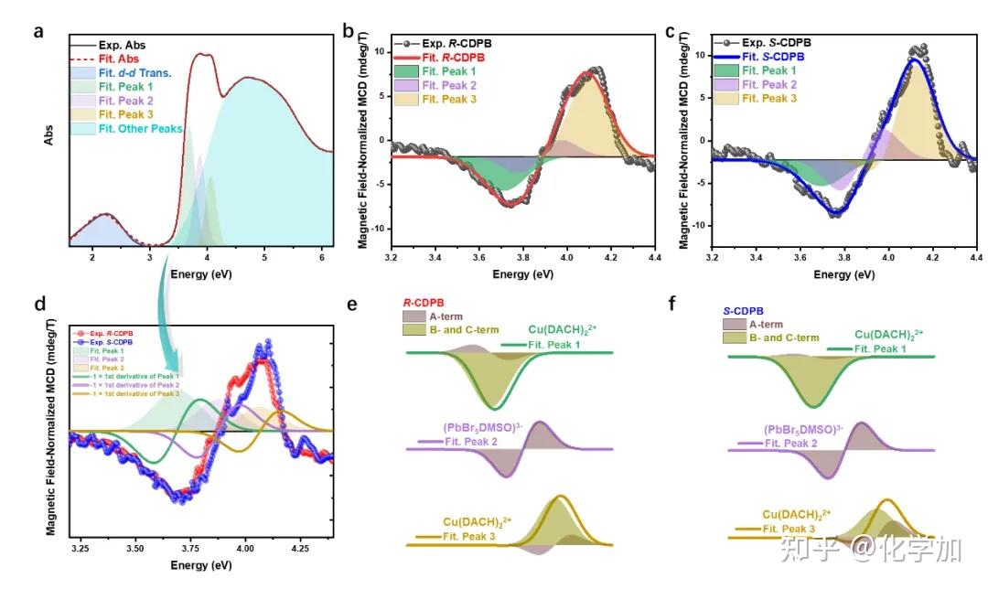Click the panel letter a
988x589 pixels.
38,31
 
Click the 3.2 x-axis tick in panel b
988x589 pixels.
392,259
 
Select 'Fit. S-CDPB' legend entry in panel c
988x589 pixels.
763,57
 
